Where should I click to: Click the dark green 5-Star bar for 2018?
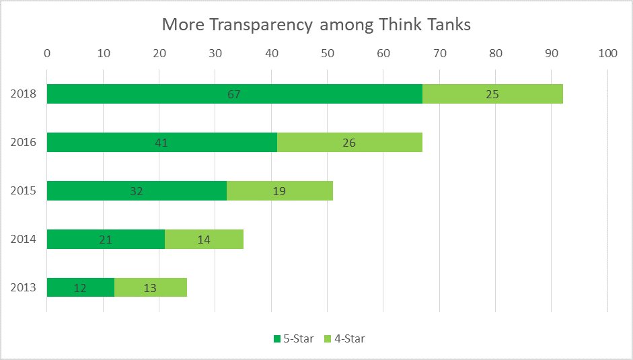point(234,94)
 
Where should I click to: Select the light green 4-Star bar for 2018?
point(492,94)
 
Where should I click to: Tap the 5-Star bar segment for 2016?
point(161,143)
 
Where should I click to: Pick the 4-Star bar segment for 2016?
point(349,143)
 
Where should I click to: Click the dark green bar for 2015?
point(137,191)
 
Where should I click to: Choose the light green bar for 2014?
point(204,239)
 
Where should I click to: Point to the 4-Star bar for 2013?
point(150,287)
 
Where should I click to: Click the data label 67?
point(234,94)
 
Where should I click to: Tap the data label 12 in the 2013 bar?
point(80,288)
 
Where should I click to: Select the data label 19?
point(279,191)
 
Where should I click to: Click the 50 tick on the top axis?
point(327,52)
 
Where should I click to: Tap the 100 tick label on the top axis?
point(607,52)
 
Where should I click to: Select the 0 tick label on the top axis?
point(47,52)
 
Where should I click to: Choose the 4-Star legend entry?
point(344,338)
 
